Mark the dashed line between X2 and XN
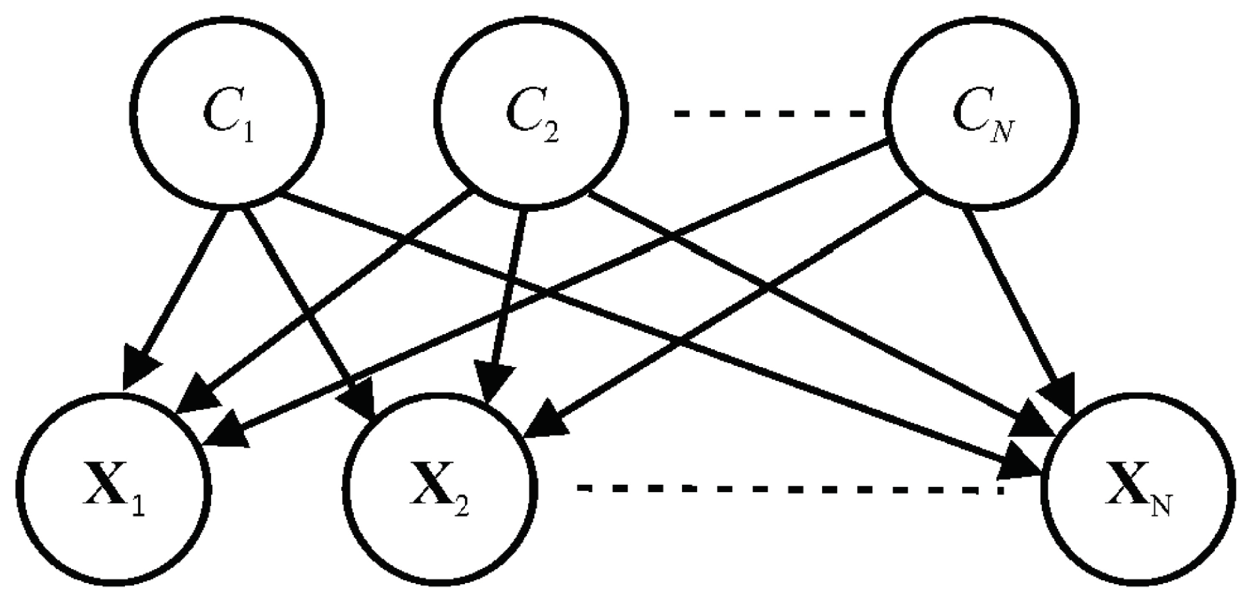pos(789,489)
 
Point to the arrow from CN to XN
pos(1013,296)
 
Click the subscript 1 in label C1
pos(247,133)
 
